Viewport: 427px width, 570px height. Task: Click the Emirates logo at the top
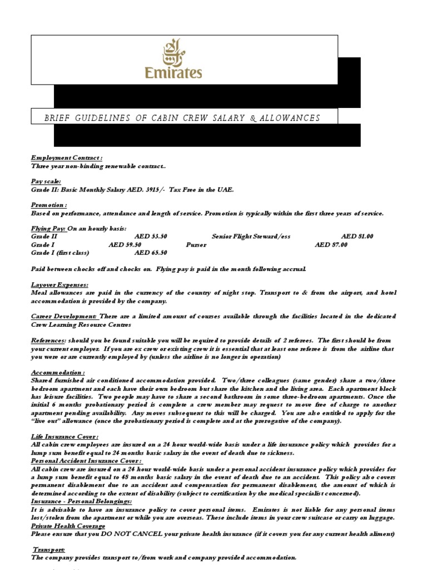pyautogui.click(x=173, y=58)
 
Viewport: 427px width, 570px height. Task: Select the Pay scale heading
pyautogui.click(x=46, y=181)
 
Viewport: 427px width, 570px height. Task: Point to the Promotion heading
pyautogui.click(x=49, y=205)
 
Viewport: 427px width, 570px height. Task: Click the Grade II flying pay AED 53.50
pyautogui.click(x=151, y=236)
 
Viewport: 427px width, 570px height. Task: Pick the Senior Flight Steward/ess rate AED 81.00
pyautogui.click(x=357, y=236)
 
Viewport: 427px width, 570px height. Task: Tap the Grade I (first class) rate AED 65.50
pyautogui.click(x=151, y=252)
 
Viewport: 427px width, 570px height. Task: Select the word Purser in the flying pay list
pyautogui.click(x=196, y=244)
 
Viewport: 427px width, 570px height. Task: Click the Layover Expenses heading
pyautogui.click(x=59, y=284)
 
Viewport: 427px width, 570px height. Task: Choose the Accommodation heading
pyautogui.click(x=58, y=371)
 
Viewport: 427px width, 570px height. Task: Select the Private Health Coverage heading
pyautogui.click(x=68, y=525)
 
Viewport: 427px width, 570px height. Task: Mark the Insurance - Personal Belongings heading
pyautogui.click(x=81, y=502)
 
